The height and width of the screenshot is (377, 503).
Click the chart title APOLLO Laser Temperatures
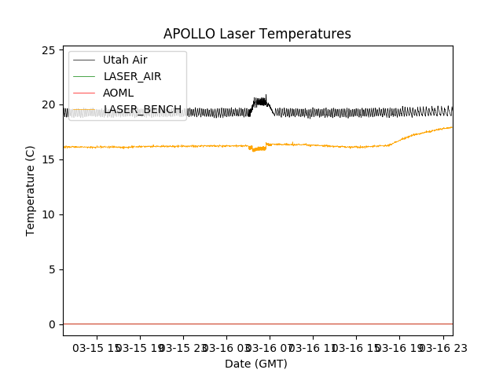pos(257,34)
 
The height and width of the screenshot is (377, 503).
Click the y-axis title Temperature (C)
pos(31,190)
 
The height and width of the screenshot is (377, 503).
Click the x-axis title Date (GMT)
pos(256,364)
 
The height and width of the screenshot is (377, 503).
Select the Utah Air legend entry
pos(125,60)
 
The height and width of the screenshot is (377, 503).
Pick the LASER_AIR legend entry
pos(132,76)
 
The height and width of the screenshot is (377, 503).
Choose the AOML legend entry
pos(118,93)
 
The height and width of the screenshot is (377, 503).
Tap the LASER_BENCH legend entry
pos(142,109)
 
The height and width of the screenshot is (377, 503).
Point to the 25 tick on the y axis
pos(49,50)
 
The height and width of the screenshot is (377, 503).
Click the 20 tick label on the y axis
pos(49,104)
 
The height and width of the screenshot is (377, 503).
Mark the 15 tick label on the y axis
pos(49,159)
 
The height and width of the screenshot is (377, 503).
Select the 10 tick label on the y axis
pos(49,214)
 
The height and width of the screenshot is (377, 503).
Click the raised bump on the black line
pos(260,101)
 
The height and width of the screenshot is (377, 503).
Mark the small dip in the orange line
pos(258,148)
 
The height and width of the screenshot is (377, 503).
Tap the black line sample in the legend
pos(83,60)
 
